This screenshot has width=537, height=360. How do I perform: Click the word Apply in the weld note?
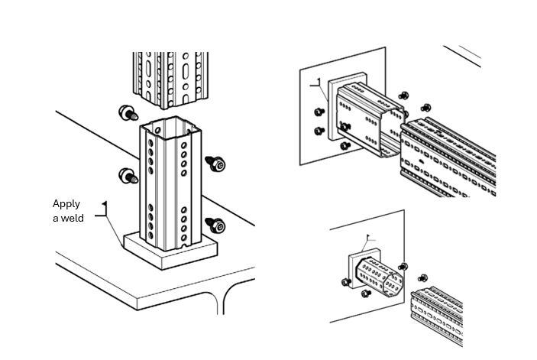pyautogui.click(x=66, y=204)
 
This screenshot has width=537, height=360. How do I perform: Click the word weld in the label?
pyautogui.click(x=73, y=219)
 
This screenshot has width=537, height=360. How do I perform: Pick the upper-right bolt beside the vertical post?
pyautogui.click(x=215, y=163)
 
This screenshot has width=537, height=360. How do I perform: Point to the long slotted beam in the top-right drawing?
pyautogui.click(x=451, y=157)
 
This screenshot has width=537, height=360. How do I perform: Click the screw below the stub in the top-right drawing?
pyautogui.click(x=345, y=144)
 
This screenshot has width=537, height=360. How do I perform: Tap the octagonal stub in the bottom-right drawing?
pyautogui.click(x=377, y=277)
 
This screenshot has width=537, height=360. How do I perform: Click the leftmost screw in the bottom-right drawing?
pyautogui.click(x=345, y=282)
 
